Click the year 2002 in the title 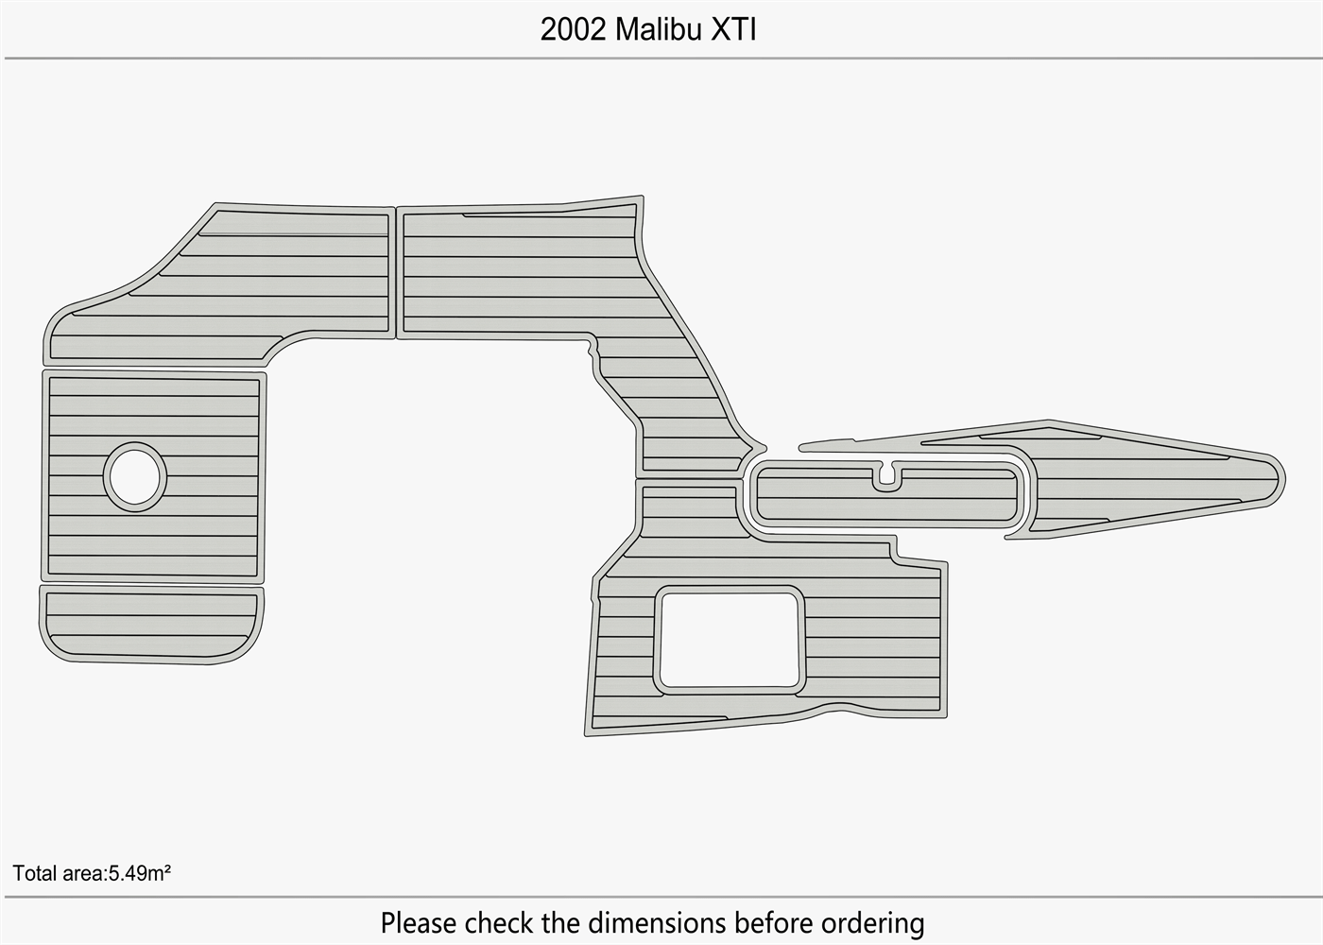click(573, 29)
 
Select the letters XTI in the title click(733, 29)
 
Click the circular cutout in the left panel click(135, 476)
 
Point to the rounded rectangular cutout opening click(730, 641)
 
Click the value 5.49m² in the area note click(140, 873)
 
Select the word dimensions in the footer click(658, 922)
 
